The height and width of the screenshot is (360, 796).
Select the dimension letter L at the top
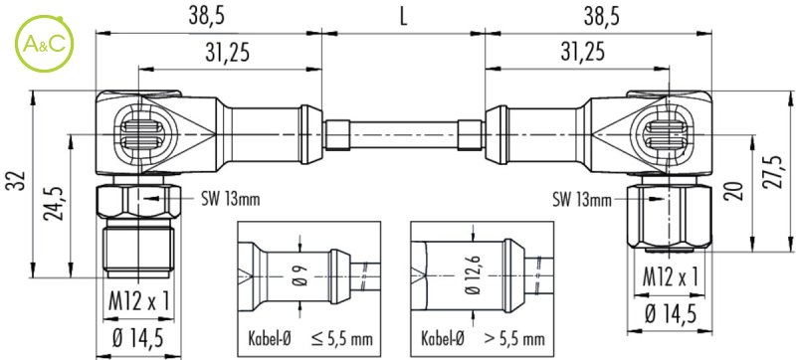(x=403, y=17)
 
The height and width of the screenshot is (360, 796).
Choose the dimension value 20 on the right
(x=737, y=190)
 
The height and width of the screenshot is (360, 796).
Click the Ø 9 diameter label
(x=299, y=276)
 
